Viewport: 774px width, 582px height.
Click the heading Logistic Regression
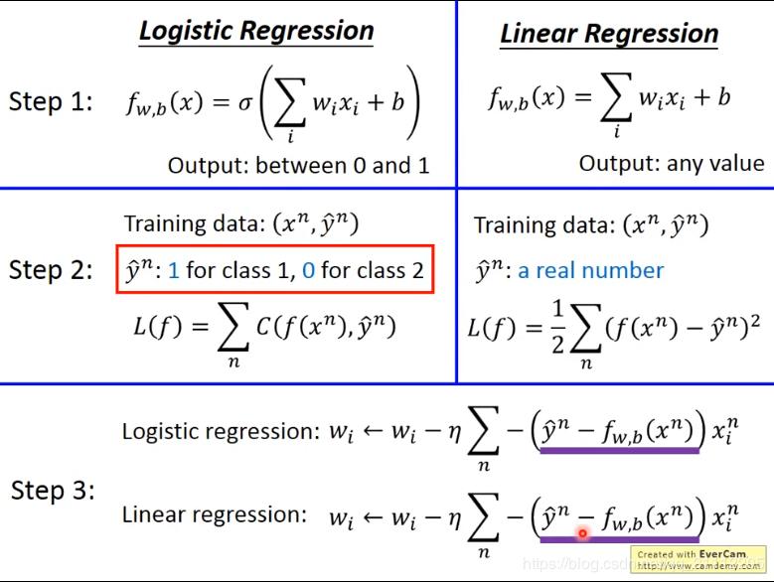256,30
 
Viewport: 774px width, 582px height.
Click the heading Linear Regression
608,34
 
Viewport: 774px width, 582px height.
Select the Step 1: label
51,101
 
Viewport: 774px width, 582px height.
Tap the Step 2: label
51,270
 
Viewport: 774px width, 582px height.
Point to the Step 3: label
53,490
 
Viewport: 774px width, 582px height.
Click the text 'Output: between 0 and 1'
298,165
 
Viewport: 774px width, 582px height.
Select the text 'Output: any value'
672,163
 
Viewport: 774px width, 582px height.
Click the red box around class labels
275,270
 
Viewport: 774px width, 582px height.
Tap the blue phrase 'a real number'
591,270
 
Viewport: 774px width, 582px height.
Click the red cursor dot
582,534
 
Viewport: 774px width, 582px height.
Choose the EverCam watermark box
697,560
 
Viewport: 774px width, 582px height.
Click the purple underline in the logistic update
619,450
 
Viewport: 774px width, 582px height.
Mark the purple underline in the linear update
619,539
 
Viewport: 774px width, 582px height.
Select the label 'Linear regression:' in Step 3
214,514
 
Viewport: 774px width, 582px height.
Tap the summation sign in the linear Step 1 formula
616,99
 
